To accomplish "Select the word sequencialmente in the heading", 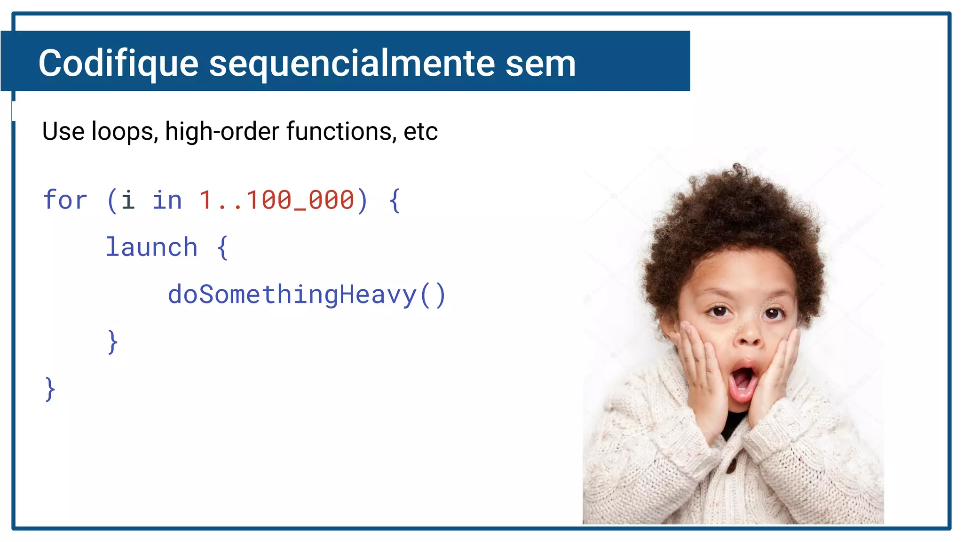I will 352,64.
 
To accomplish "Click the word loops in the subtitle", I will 124,131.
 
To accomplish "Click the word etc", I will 420,131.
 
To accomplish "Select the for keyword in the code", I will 65,200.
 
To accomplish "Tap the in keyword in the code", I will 167,200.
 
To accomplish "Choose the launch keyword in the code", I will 151,247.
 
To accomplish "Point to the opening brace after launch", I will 222,247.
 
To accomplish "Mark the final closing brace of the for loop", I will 50,390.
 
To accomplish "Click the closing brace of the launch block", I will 113,342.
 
